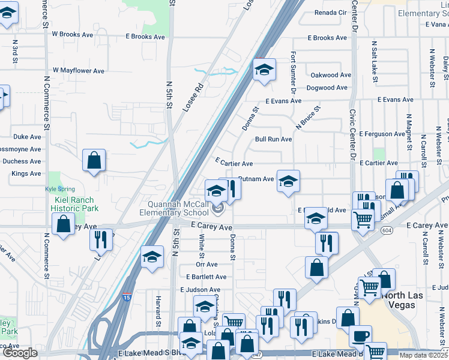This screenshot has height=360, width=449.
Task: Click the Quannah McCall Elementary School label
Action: coord(175,208)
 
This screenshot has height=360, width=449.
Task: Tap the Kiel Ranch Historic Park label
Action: coord(75,203)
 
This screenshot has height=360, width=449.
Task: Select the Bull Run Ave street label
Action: coord(273,139)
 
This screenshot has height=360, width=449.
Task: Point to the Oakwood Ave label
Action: coord(330,75)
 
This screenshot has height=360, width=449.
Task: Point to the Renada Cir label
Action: coord(327,12)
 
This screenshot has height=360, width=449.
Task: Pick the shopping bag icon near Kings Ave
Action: coord(94,160)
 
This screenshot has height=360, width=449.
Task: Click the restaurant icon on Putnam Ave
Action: coord(230,188)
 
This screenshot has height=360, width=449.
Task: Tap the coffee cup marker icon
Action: coord(360,336)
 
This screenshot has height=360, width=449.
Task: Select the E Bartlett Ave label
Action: coord(206,277)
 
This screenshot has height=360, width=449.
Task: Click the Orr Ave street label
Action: coord(206,264)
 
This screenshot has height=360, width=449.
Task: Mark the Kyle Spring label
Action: coord(59,189)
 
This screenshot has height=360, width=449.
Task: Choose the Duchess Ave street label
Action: coord(22,161)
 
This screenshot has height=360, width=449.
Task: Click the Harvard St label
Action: coord(158,308)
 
